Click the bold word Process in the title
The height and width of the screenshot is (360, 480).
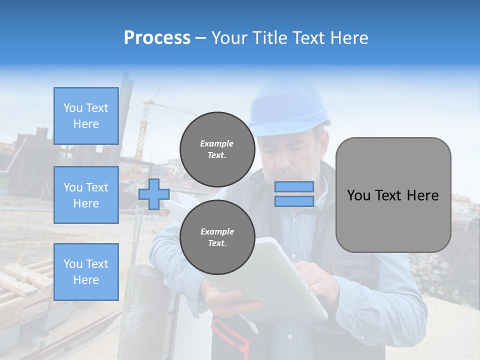[x=157, y=38]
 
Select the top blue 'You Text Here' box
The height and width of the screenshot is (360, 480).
[x=86, y=116]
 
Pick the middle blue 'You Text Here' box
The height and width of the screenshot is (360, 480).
[x=86, y=195]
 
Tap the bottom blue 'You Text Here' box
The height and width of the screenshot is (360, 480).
[x=86, y=272]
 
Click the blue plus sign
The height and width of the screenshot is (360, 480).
[x=154, y=194]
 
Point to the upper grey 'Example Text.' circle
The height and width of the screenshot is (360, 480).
[x=217, y=149]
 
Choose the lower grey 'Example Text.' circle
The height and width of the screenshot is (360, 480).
[x=217, y=237]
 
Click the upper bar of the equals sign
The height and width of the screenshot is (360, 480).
[x=294, y=187]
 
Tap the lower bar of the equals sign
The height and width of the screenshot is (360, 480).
[x=294, y=201]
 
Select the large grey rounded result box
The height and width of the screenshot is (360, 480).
[x=393, y=195]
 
